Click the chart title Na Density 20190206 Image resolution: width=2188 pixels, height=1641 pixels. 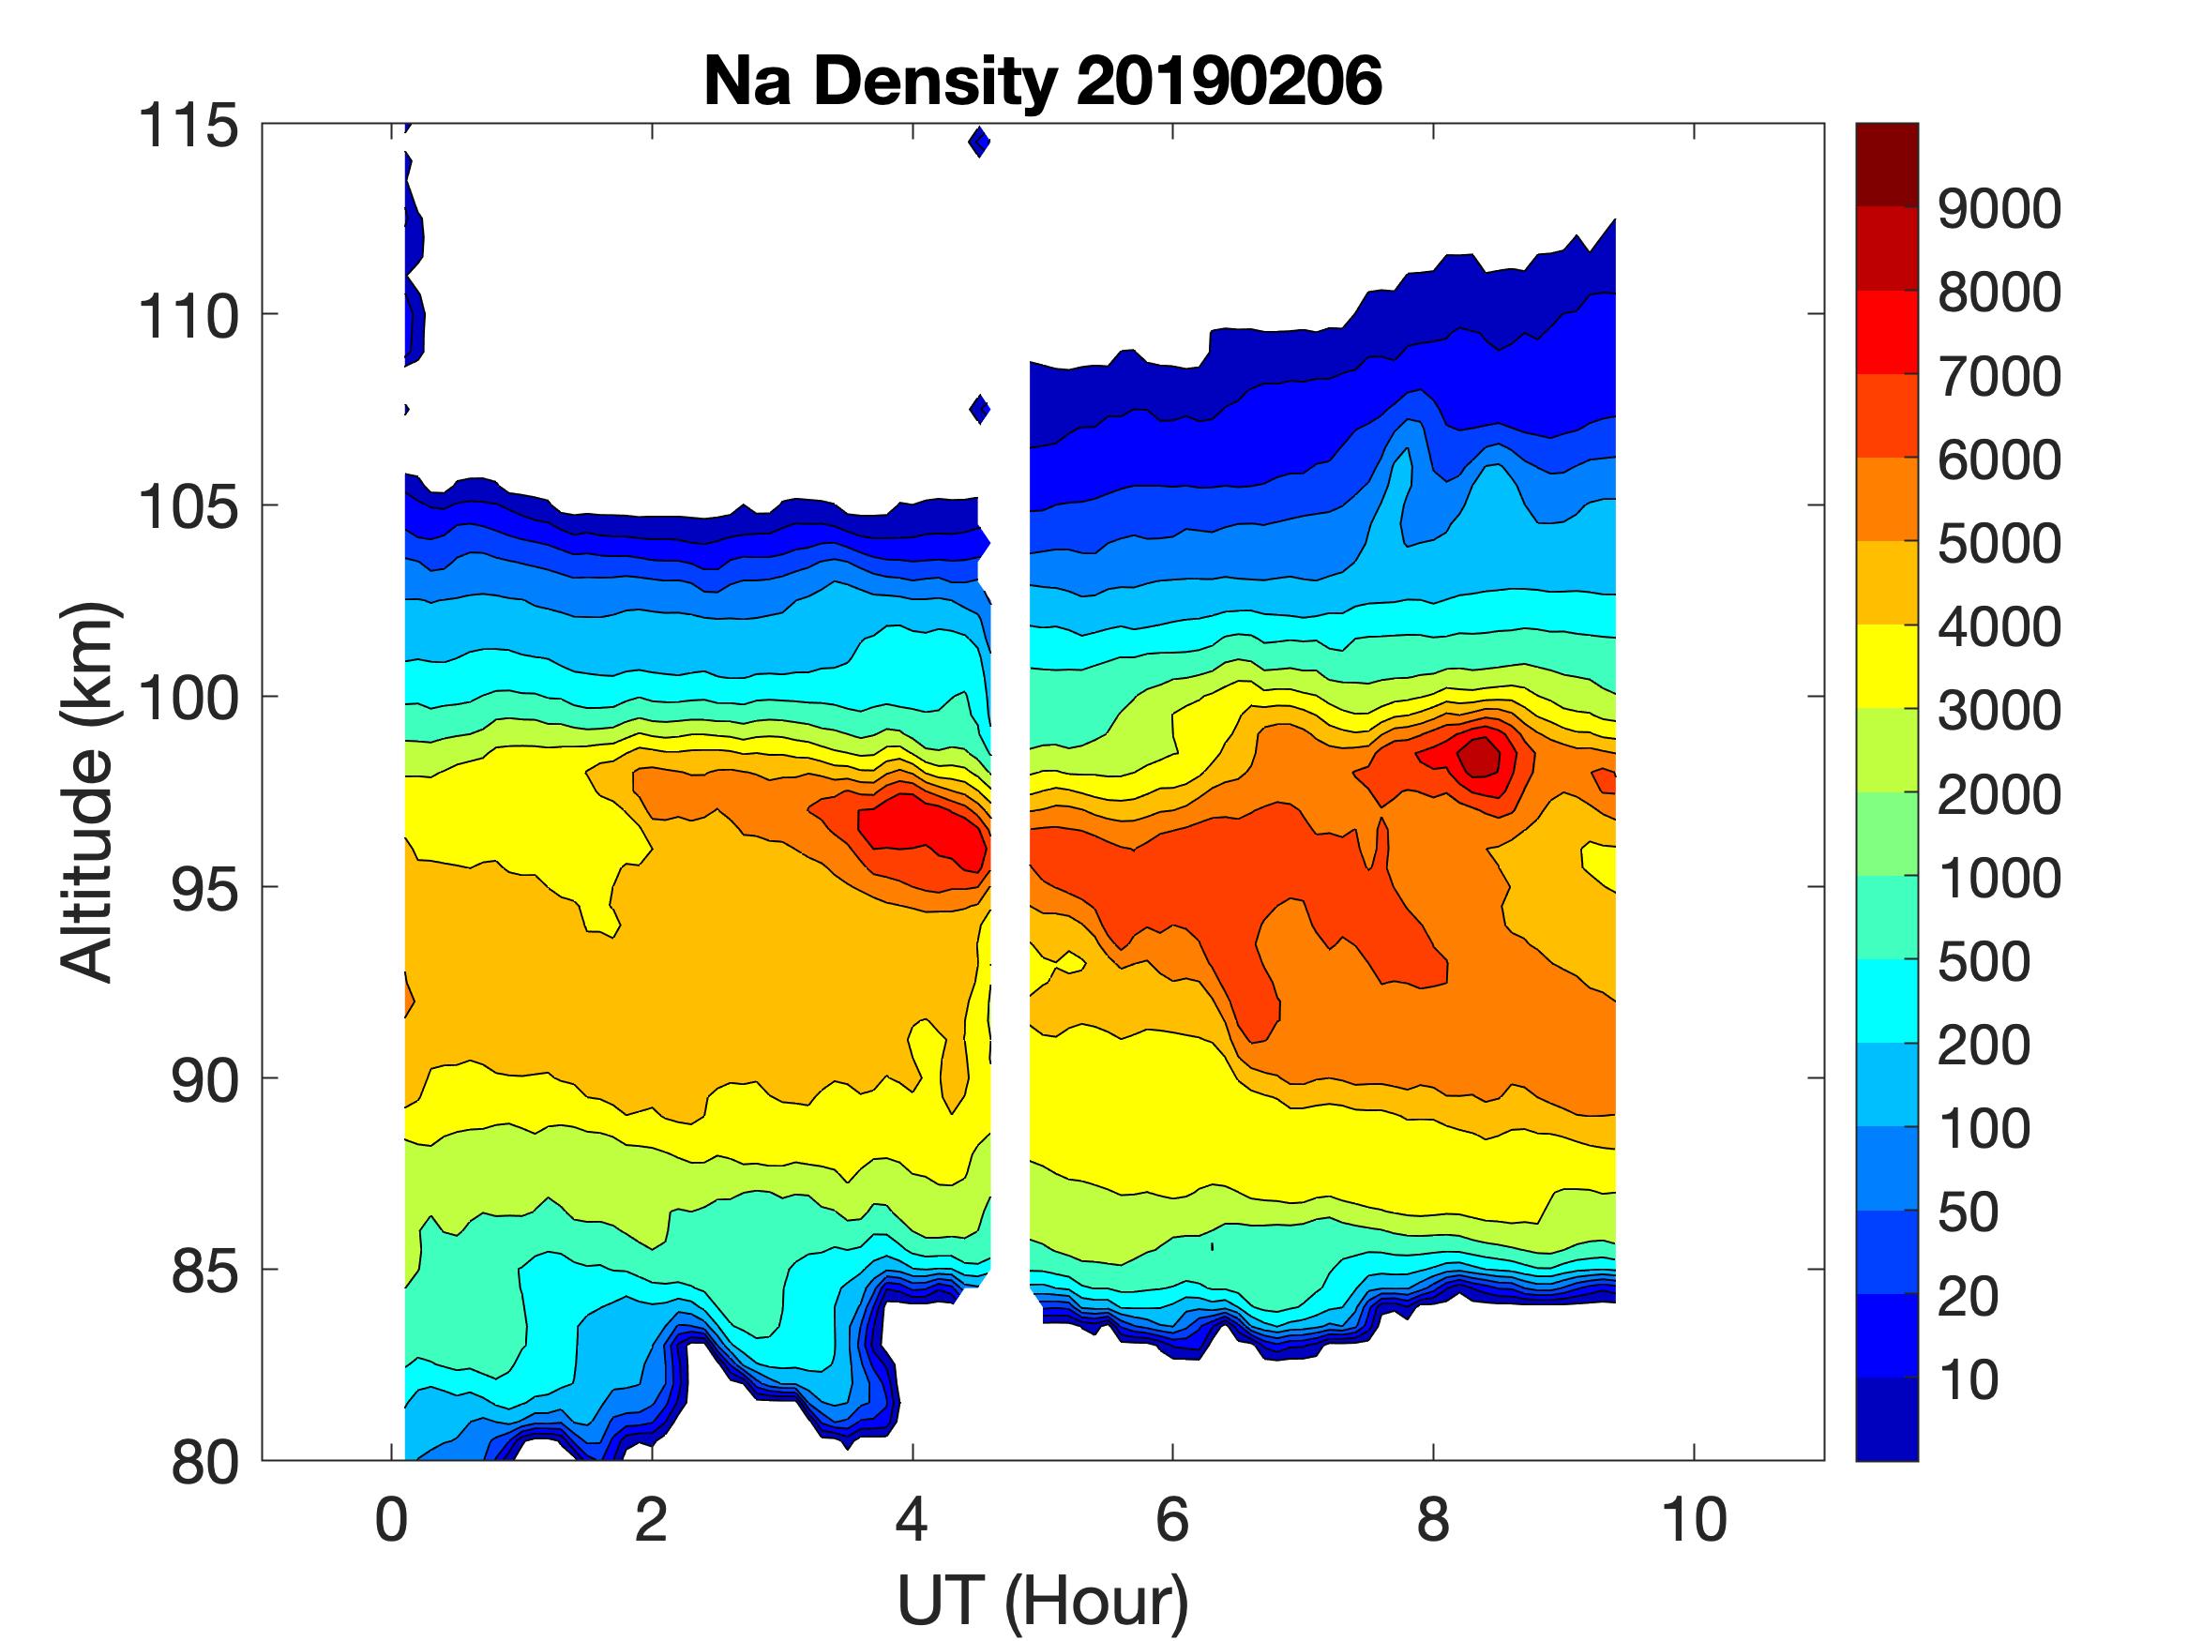click(x=1042, y=83)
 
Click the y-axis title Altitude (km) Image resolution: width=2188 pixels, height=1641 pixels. click(x=88, y=792)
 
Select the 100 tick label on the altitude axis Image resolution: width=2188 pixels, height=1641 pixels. click(x=188, y=699)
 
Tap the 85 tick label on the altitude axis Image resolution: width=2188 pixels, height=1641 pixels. click(x=204, y=1271)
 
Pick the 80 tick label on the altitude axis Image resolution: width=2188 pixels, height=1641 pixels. click(x=204, y=1462)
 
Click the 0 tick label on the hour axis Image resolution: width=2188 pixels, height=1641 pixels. click(x=392, y=1519)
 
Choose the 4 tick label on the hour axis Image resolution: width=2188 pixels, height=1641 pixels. click(x=912, y=1519)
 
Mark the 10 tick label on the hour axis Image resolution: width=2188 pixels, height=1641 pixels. click(x=1695, y=1519)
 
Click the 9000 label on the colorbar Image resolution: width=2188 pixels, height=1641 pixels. click(x=1998, y=209)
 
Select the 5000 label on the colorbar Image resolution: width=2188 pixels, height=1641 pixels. click(x=1998, y=543)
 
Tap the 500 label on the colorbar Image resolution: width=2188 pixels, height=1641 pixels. click(x=1984, y=960)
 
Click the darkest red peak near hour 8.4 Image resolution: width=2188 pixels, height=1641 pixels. click(x=1481, y=758)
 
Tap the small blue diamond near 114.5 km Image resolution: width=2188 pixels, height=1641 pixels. click(x=979, y=143)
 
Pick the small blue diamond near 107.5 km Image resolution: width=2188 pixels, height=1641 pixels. click(x=979, y=409)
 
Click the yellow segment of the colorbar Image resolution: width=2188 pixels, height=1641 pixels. click(x=1886, y=666)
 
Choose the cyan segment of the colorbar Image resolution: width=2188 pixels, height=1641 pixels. click(x=1886, y=1000)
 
